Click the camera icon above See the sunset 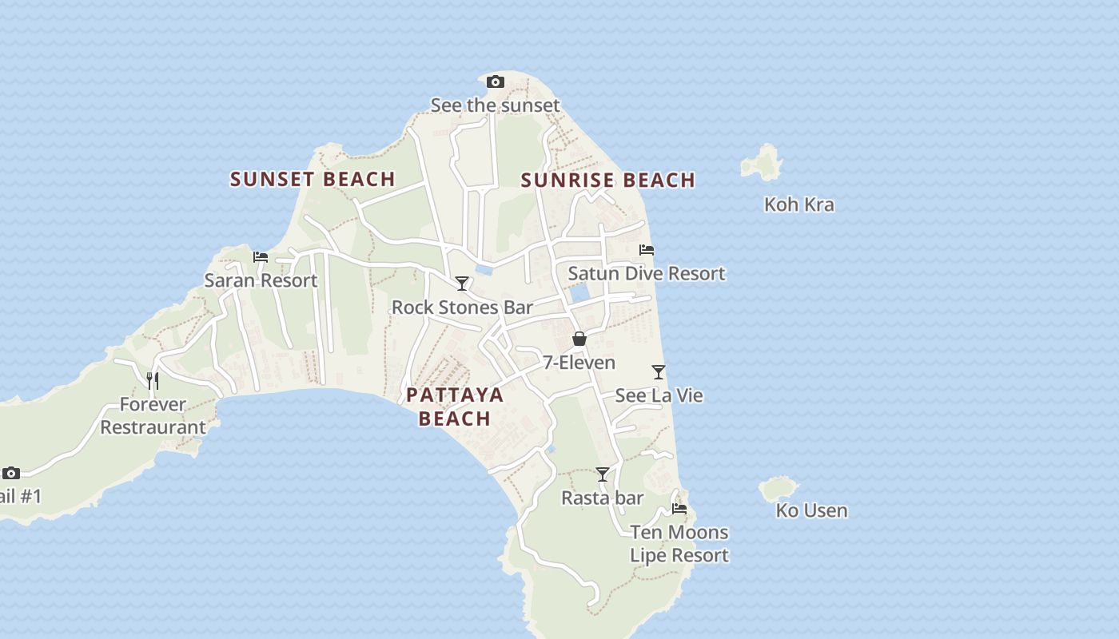point(496,81)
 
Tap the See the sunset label point(495,105)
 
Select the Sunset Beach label point(313,179)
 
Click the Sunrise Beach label point(607,181)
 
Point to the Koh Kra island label point(798,204)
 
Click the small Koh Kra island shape point(762,162)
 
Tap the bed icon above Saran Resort point(261,256)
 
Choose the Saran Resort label point(261,280)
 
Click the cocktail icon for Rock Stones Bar point(462,284)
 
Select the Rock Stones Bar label point(462,308)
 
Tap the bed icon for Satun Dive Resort point(647,250)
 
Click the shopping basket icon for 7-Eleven point(579,339)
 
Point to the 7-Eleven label point(579,363)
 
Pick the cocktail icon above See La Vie point(659,372)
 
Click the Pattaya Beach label point(455,407)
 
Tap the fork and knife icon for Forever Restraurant point(153,380)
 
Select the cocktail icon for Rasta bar point(603,474)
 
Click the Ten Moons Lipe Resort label point(679,544)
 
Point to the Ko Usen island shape point(778,487)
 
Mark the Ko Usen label point(811,510)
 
